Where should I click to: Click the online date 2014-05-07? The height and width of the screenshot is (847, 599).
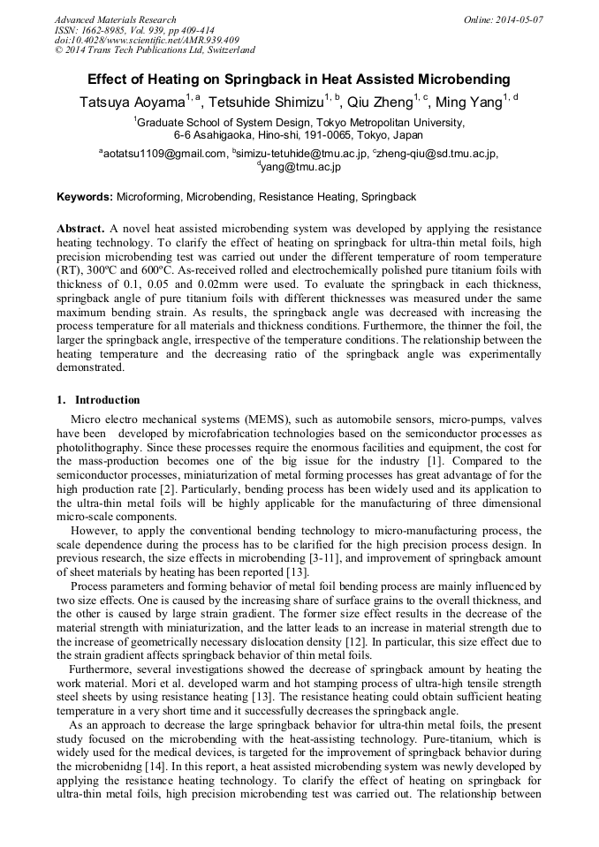click(x=517, y=19)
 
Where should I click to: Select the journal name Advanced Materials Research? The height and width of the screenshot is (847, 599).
click(x=115, y=19)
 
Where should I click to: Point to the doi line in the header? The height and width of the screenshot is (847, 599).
click(x=146, y=40)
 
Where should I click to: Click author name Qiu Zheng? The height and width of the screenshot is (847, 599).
click(x=382, y=102)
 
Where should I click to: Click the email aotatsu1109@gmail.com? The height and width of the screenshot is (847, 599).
click(x=165, y=153)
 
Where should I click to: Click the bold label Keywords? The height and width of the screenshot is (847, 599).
click(x=84, y=197)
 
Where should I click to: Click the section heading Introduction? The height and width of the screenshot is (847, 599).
click(x=107, y=399)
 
